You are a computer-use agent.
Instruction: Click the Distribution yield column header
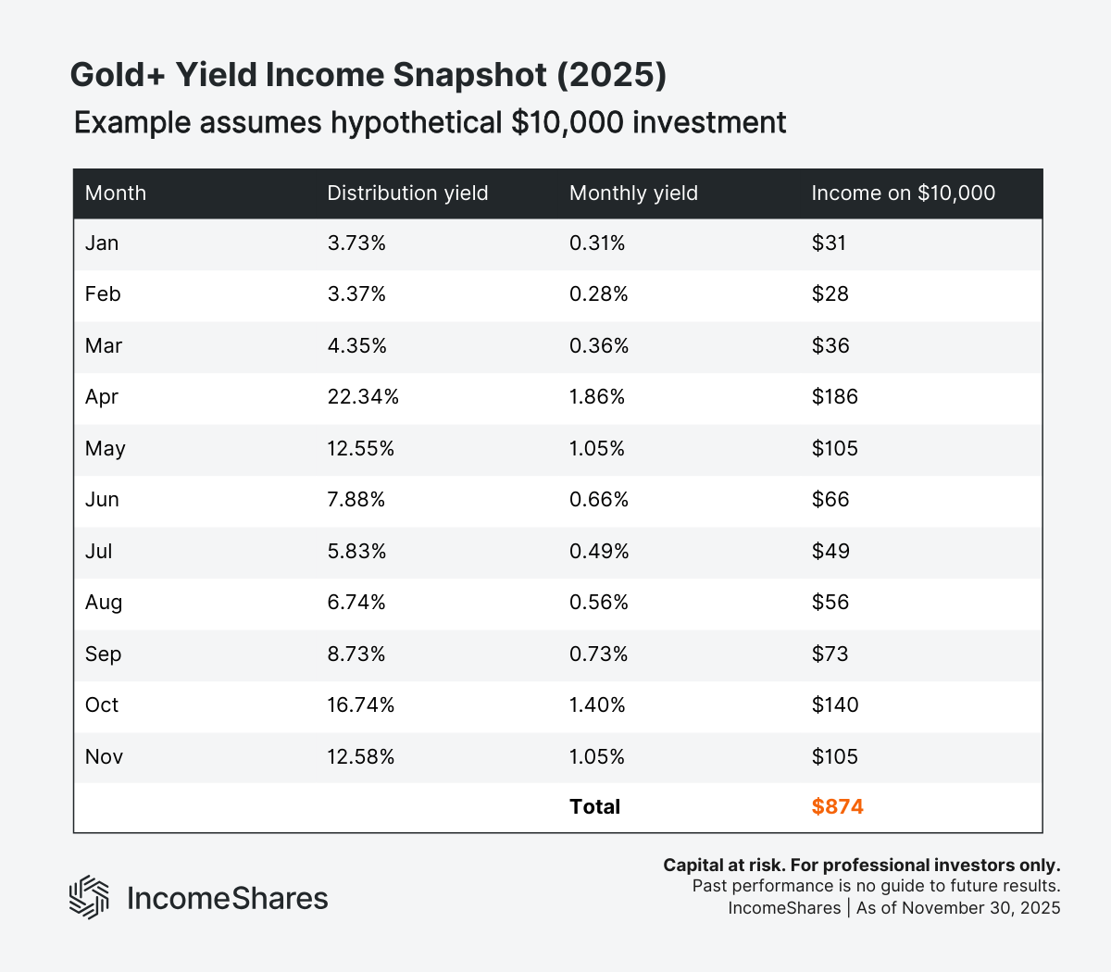coord(407,193)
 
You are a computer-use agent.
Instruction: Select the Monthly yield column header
coord(633,193)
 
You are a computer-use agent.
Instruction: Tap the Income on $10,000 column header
coord(903,193)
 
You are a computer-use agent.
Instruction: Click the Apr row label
coord(102,397)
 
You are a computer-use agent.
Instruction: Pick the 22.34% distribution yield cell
coord(363,397)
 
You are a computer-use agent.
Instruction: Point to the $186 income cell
coord(834,397)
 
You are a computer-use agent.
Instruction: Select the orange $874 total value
coord(837,807)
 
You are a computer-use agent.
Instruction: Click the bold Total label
coord(594,807)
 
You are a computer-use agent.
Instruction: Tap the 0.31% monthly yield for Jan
coord(597,243)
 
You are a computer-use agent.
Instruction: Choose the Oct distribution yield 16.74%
coord(360,705)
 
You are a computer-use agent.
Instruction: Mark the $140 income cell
coord(834,705)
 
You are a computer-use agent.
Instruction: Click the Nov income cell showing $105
coord(834,757)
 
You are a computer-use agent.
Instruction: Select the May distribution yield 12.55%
coord(360,449)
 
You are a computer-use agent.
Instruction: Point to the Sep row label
coord(103,654)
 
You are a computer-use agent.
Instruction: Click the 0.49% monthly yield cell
coord(599,552)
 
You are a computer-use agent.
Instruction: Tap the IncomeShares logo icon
coord(90,897)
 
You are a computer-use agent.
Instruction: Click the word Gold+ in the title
coord(118,76)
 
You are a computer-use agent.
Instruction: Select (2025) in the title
coord(611,76)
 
